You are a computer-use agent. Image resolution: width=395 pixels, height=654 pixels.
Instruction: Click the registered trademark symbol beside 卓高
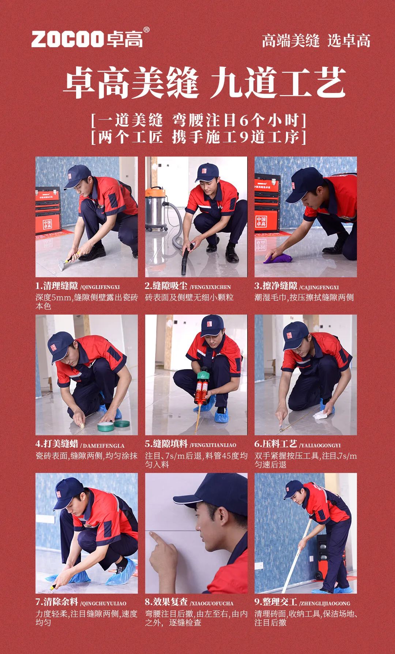(146, 30)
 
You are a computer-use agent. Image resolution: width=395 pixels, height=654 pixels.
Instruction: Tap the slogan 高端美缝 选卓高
(316, 40)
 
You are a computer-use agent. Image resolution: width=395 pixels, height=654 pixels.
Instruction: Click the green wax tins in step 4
(113, 425)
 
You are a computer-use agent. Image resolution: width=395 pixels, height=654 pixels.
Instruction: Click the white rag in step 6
(322, 415)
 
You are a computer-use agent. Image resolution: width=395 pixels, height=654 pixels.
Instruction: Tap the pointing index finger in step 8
(157, 540)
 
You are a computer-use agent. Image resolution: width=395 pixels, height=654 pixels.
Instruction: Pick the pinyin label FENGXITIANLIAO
(213, 446)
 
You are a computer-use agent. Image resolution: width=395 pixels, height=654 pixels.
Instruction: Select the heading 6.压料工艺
(276, 444)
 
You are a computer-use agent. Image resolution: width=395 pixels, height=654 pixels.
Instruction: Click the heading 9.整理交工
(276, 602)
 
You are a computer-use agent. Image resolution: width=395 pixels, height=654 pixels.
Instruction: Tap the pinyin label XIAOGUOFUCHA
(211, 604)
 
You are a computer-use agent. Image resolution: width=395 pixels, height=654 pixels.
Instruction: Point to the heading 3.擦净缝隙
(276, 286)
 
